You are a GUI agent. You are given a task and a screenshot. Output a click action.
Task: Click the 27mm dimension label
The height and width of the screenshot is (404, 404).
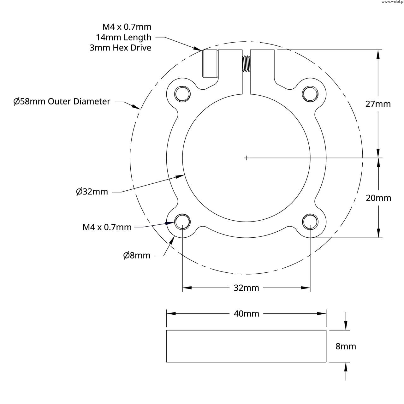pyautogui.click(x=378, y=104)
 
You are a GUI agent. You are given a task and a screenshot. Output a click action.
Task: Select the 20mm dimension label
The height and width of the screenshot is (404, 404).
pyautogui.click(x=378, y=198)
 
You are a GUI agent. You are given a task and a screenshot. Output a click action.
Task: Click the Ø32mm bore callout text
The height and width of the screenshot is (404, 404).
pyautogui.click(x=92, y=191)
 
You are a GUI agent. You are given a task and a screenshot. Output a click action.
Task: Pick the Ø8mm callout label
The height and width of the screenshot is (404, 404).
pyautogui.click(x=137, y=255)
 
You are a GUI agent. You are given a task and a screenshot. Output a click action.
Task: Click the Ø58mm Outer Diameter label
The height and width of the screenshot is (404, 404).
pyautogui.click(x=62, y=101)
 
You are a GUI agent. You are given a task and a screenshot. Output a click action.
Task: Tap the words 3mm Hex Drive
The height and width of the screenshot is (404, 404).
pyautogui.click(x=120, y=48)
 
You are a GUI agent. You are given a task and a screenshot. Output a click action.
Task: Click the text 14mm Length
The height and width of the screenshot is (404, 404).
pyautogui.click(x=124, y=38)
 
